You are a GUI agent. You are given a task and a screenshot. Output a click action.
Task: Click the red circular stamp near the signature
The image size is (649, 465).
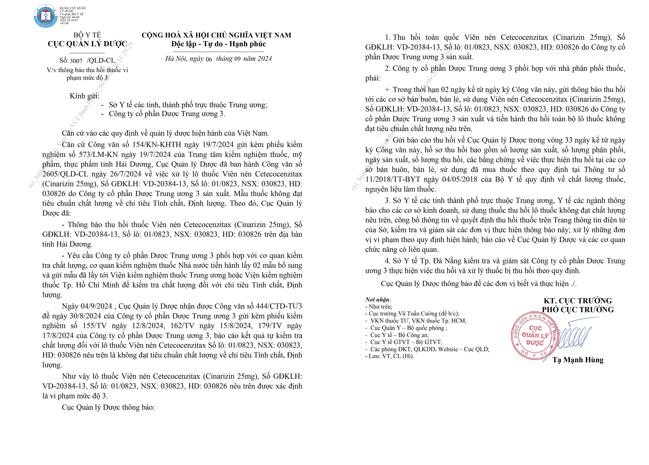[533, 336]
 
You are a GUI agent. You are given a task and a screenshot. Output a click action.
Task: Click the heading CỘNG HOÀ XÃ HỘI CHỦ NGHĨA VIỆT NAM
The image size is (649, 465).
[216, 35]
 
